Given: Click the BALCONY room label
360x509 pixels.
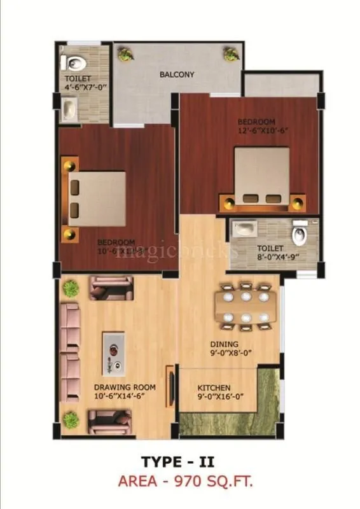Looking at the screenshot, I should click(x=177, y=74).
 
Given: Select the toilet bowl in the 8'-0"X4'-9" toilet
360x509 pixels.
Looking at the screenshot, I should click(x=299, y=235).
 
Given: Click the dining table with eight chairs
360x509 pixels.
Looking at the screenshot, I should click(x=246, y=306).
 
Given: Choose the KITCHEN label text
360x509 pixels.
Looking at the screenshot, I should click(x=214, y=388).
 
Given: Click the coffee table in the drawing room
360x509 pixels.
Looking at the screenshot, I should click(x=114, y=352).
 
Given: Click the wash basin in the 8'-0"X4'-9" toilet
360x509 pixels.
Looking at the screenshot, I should click(x=244, y=227).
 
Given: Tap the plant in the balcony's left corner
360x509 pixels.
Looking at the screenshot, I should click(x=126, y=53).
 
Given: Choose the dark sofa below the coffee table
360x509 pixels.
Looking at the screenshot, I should click(x=111, y=421).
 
